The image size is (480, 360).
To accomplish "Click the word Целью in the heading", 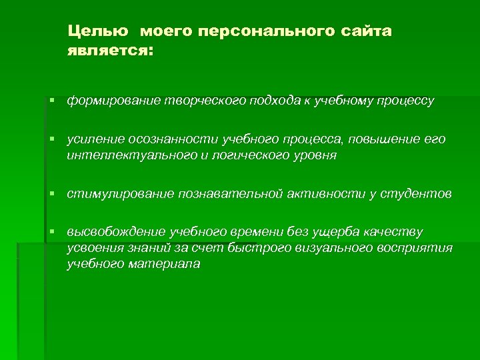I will click(97, 31).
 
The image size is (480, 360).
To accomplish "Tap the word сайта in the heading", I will click(367, 31).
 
